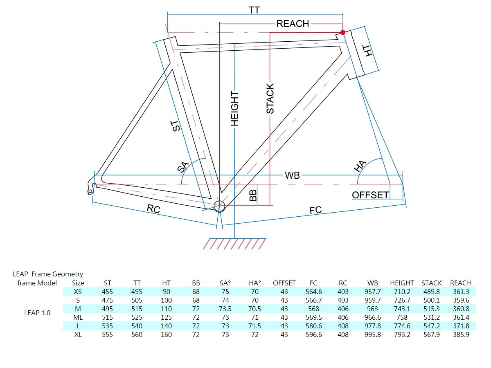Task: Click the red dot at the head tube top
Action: (343, 33)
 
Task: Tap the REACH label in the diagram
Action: (293, 24)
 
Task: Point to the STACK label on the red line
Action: (270, 99)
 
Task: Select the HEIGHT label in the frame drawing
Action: (234, 108)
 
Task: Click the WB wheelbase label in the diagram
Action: (292, 175)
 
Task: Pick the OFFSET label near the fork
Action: (370, 195)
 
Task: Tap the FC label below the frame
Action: (315, 210)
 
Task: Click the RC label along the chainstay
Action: (153, 209)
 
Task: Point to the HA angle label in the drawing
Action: (360, 166)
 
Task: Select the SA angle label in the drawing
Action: (183, 167)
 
